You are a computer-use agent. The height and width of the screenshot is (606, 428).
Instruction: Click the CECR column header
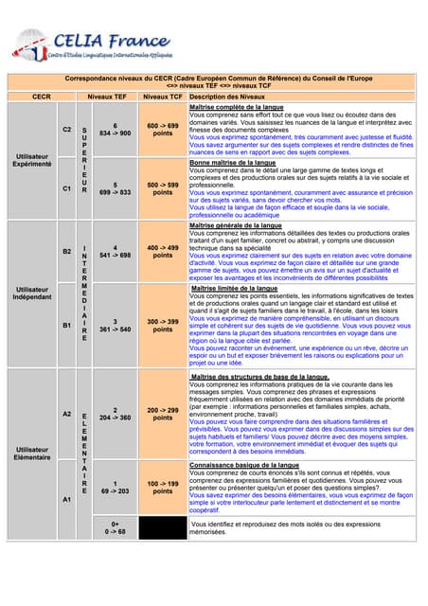pyautogui.click(x=42, y=97)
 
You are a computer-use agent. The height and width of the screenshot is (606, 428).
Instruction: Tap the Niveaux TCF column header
pyautogui.click(x=163, y=97)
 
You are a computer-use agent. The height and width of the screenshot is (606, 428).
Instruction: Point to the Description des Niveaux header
pyautogui.click(x=227, y=97)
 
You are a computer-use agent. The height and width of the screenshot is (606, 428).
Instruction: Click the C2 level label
pyautogui.click(x=66, y=129)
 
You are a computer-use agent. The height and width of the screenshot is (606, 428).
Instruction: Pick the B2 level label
pyautogui.click(x=66, y=251)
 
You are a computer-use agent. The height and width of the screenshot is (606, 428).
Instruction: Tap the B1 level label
pyautogui.click(x=66, y=325)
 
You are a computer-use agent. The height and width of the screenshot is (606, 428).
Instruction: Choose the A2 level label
pyautogui.click(x=66, y=414)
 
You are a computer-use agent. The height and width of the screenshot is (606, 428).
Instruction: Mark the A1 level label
pyautogui.click(x=66, y=498)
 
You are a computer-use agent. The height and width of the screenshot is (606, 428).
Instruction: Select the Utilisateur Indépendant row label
pyautogui.click(x=32, y=293)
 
